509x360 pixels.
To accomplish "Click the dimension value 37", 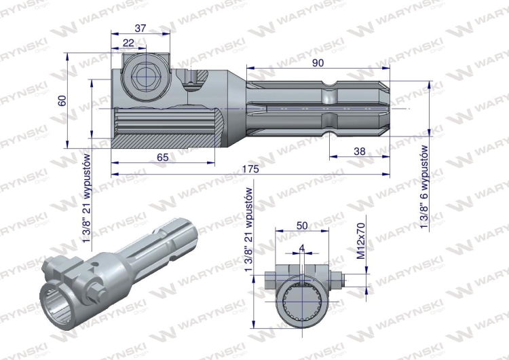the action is pos(140,29).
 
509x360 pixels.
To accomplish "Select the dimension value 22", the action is pos(128,43).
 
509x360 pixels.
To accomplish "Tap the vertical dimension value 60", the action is pos(62,101).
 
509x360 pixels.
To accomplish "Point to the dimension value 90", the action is pos(318,62).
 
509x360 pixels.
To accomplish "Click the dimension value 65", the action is pos(162,158).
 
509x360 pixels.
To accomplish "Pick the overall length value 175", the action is pos(250,169).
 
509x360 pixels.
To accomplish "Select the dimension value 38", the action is pos(359,151).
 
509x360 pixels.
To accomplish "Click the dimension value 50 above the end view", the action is pos(302,225).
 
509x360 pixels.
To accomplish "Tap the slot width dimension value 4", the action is pos(302,249).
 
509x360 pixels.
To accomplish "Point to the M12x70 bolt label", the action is pos(361,240).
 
